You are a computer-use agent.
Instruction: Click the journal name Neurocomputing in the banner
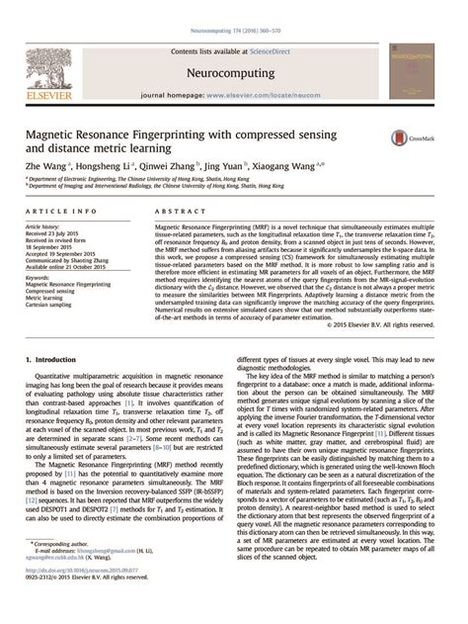coord(233,45)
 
